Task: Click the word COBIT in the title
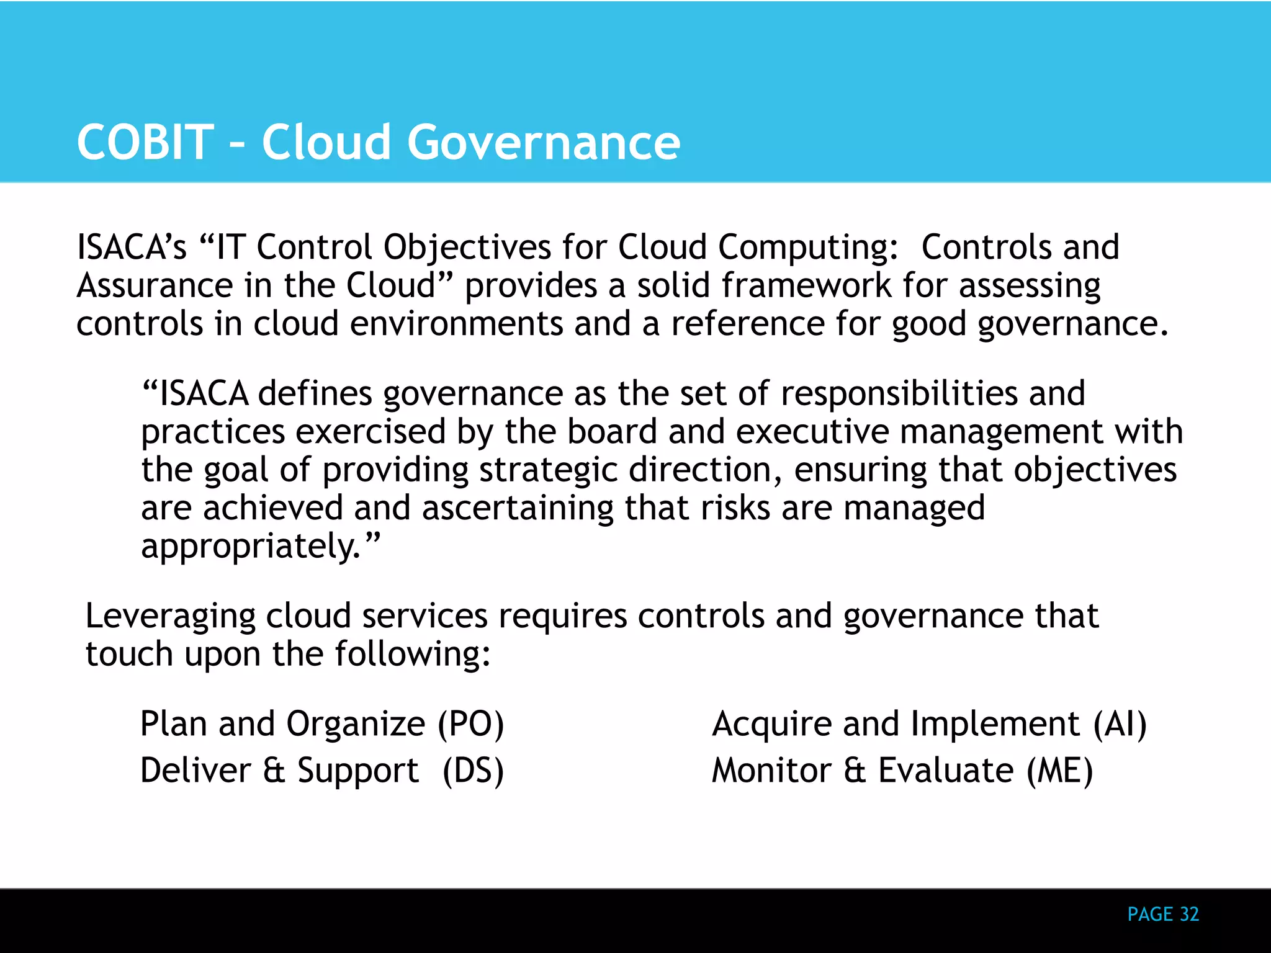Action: [145, 142]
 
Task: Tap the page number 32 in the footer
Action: [1189, 914]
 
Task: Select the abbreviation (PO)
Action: [471, 724]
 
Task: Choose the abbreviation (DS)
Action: [473, 771]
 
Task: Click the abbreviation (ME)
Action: [1059, 771]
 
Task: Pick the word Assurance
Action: [155, 285]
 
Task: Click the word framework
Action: [806, 285]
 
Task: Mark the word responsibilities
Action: [899, 393]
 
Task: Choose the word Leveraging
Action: [170, 617]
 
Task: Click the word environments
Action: [456, 324]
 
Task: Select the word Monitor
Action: [771, 771]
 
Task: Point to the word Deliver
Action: [195, 771]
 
